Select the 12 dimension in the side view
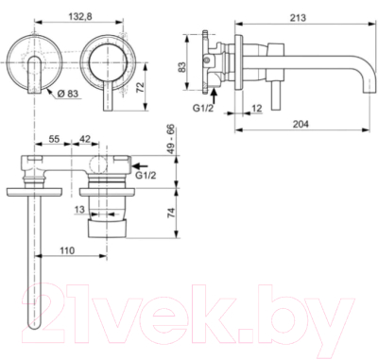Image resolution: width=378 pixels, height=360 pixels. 257,110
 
